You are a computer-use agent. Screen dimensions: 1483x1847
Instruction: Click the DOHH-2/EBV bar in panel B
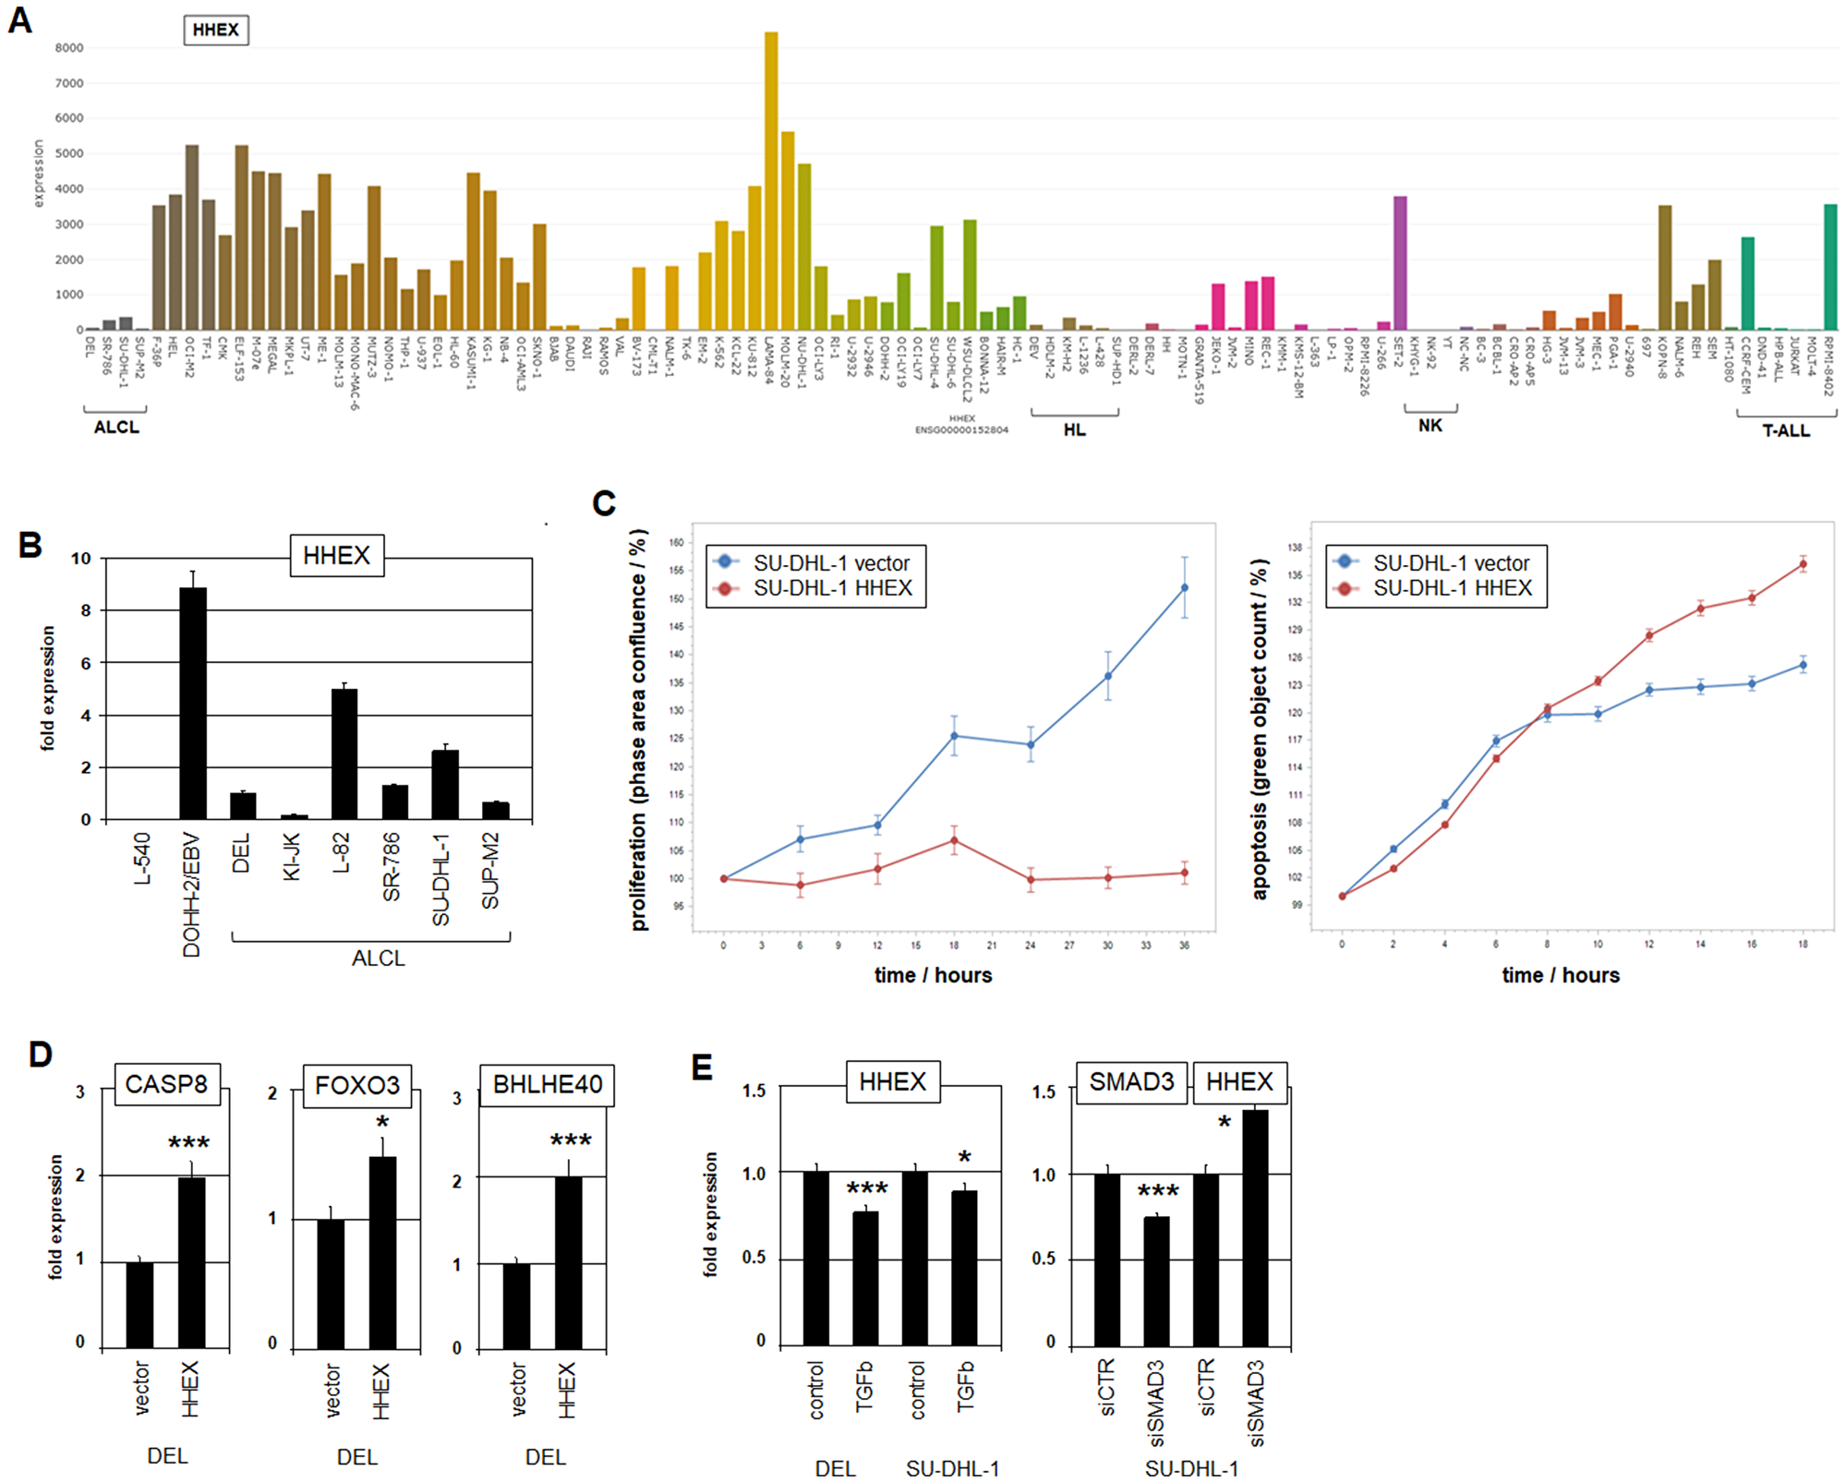(192, 702)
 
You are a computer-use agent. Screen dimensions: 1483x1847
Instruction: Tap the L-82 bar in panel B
(344, 754)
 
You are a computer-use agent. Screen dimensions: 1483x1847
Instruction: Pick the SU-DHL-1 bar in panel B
(444, 784)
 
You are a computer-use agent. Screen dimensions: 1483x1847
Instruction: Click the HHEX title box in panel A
(216, 30)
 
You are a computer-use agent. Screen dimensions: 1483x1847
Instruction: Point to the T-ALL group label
(1785, 430)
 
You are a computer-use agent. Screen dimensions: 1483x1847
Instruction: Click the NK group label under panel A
(1430, 426)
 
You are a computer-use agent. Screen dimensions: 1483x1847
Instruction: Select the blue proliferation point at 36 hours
(1185, 587)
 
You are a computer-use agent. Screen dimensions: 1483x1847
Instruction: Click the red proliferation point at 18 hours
(954, 840)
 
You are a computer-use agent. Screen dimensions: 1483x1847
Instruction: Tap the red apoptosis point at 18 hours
(1803, 564)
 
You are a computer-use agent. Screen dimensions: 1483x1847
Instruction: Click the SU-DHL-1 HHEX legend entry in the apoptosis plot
(1452, 588)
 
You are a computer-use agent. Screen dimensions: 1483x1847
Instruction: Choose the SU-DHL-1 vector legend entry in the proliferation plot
(831, 562)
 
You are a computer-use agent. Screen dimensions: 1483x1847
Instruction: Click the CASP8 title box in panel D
(167, 1084)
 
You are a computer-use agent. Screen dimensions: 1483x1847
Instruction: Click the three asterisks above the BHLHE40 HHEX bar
(571, 1141)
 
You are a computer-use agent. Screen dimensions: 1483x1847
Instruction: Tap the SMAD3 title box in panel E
(1131, 1082)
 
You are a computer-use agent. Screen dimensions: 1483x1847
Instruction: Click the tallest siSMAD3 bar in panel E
(1255, 1228)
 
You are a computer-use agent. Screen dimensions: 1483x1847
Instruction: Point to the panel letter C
(604, 503)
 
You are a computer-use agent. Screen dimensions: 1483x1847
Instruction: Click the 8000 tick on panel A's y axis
(69, 48)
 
